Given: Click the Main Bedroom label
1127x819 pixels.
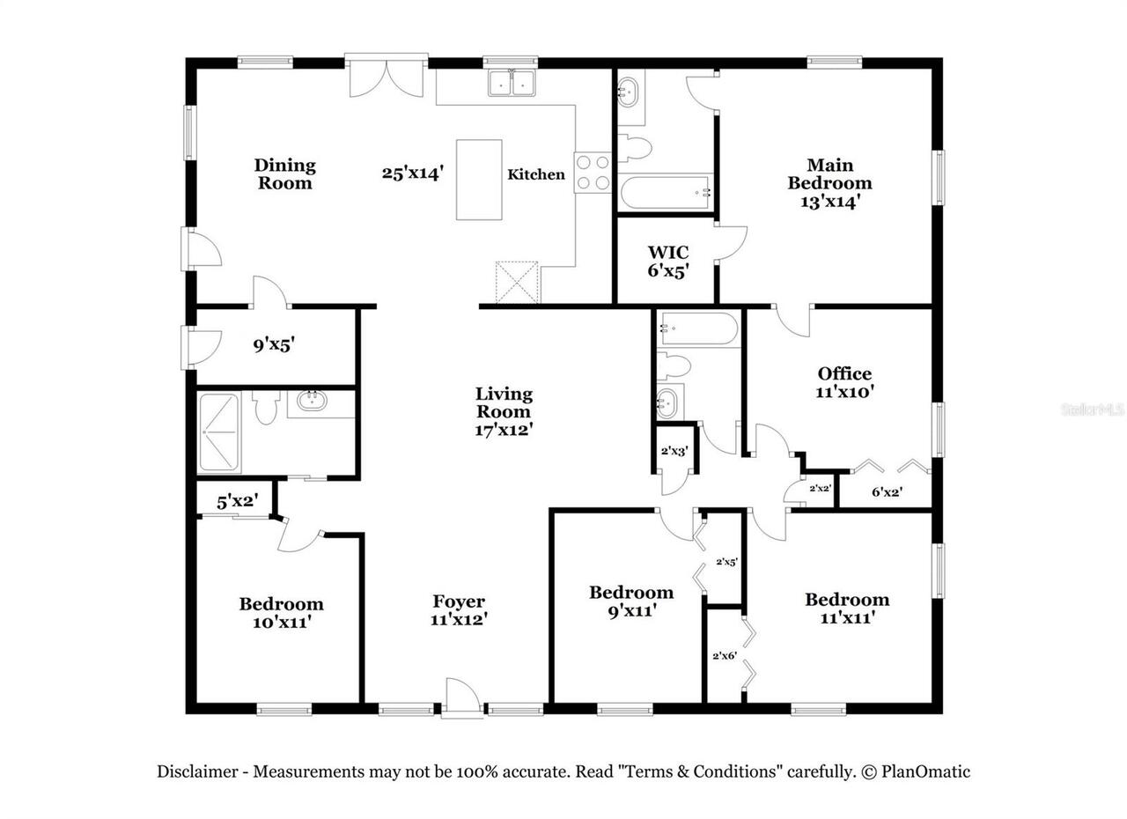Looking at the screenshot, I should pyautogui.click(x=829, y=174).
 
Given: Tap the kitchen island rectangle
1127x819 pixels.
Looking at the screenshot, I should pyautogui.click(x=479, y=180).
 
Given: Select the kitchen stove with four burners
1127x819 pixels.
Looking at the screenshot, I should pyautogui.click(x=593, y=173).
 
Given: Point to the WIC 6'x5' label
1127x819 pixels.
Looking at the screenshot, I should pyautogui.click(x=668, y=262).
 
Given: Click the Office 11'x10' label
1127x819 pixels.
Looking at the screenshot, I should pyautogui.click(x=844, y=383).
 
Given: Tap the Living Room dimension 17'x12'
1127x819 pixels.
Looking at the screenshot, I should pyautogui.click(x=504, y=430).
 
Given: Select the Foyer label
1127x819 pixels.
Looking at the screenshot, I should pyautogui.click(x=459, y=601).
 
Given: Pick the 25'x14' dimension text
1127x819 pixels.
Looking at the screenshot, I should pyautogui.click(x=412, y=173).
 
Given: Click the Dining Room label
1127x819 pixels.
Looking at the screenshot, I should pyautogui.click(x=284, y=173).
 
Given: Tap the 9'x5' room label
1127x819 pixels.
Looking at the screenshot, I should pyautogui.click(x=273, y=345).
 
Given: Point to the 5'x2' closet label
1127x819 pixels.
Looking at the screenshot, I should pyautogui.click(x=236, y=501).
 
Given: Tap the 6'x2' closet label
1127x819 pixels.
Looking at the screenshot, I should pyautogui.click(x=887, y=492).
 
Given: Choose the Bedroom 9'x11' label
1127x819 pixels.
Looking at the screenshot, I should pyautogui.click(x=631, y=601).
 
